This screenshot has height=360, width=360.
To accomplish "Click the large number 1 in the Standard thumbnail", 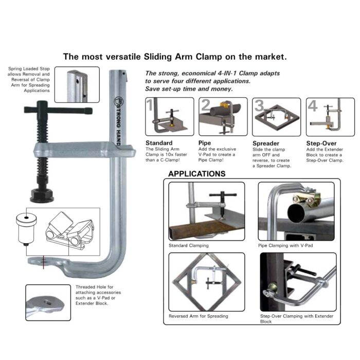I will tap(150, 106).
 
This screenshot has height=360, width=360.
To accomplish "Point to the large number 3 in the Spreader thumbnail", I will tap(259, 106).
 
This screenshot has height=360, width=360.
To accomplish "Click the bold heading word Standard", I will tap(159, 142).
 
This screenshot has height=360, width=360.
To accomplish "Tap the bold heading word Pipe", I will tap(205, 142).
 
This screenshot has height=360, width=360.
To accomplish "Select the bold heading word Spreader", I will tap(266, 142).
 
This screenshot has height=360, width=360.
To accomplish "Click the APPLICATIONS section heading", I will tap(197, 174).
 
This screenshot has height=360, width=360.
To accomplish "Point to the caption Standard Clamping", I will tap(189, 246).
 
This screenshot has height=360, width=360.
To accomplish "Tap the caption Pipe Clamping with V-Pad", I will tap(286, 246).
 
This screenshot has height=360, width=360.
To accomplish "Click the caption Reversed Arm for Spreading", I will tap(199, 316).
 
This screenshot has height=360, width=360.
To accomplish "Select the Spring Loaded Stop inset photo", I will tap(77, 84).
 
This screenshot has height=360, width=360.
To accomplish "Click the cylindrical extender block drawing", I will tap(26, 227).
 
